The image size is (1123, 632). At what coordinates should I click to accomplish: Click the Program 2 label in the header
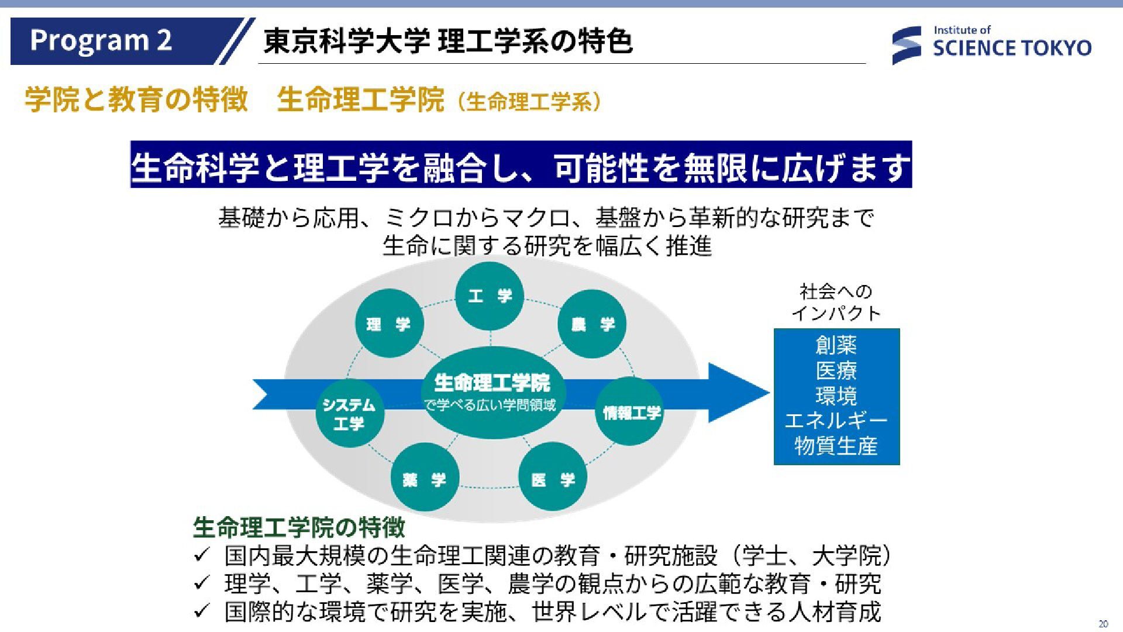[101, 40]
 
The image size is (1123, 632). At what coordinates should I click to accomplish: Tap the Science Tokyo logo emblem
[906, 45]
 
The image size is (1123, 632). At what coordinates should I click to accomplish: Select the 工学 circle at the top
[490, 296]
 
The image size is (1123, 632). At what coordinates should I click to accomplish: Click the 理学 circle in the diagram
[389, 324]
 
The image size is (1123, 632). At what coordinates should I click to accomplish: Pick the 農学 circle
[592, 324]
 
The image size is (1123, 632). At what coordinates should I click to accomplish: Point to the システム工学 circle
[349, 413]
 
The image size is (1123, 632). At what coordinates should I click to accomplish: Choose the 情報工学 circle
[632, 412]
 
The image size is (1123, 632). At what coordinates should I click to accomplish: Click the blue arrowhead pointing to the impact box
[738, 393]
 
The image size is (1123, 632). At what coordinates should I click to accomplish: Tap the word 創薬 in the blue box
[836, 345]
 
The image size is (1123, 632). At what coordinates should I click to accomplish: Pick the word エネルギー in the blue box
[836, 421]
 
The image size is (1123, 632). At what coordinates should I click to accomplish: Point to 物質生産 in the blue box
[836, 446]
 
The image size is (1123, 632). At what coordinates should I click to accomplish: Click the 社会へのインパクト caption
[836, 302]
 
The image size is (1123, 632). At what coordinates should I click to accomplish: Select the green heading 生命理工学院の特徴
[299, 527]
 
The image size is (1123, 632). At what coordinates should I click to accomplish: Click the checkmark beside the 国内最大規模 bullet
[202, 555]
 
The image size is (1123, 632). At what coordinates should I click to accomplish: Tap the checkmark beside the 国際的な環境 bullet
[202, 612]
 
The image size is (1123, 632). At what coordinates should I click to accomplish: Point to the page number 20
[1103, 624]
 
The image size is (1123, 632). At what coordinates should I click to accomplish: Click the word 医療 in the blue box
[836, 370]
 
